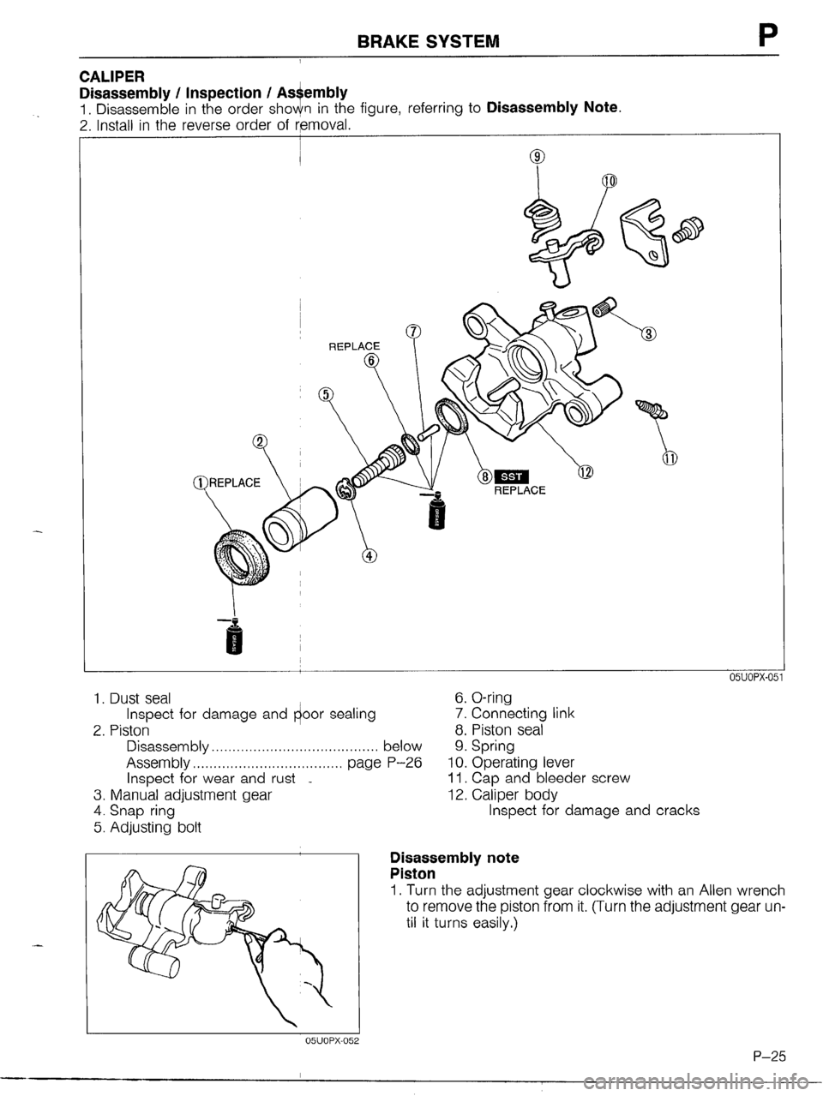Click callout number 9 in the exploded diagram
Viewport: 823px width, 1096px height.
(x=537, y=157)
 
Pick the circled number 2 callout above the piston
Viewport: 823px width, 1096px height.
(x=259, y=441)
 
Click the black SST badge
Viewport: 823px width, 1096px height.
(x=521, y=476)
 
